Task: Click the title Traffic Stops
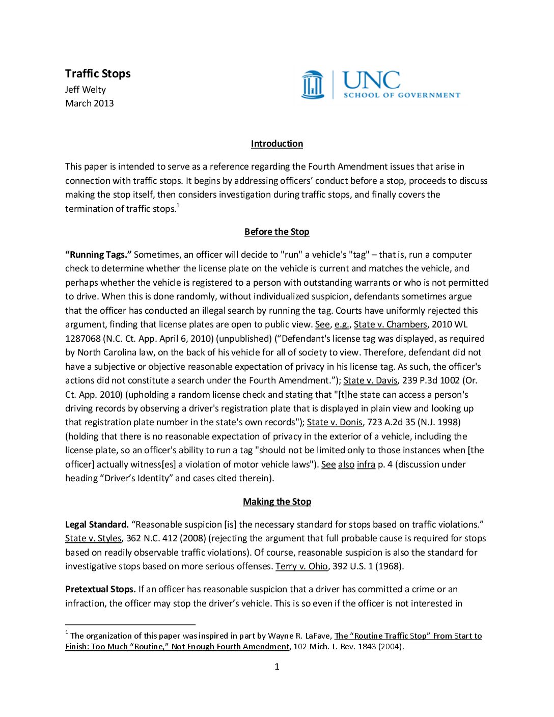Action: point(98,74)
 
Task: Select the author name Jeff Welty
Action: point(86,90)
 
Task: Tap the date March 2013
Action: point(90,103)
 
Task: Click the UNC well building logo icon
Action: point(313,85)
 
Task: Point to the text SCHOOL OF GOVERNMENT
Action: point(402,95)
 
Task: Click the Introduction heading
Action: point(277,144)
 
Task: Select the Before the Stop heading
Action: point(277,232)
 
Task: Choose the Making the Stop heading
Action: point(277,502)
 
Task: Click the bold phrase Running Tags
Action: point(98,255)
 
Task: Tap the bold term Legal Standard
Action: point(97,525)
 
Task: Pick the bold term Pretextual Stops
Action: point(100,589)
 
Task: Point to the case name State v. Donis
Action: point(335,422)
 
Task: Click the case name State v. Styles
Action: point(93,538)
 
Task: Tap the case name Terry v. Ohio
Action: point(301,566)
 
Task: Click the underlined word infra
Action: point(366,464)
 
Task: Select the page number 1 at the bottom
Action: point(277,667)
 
